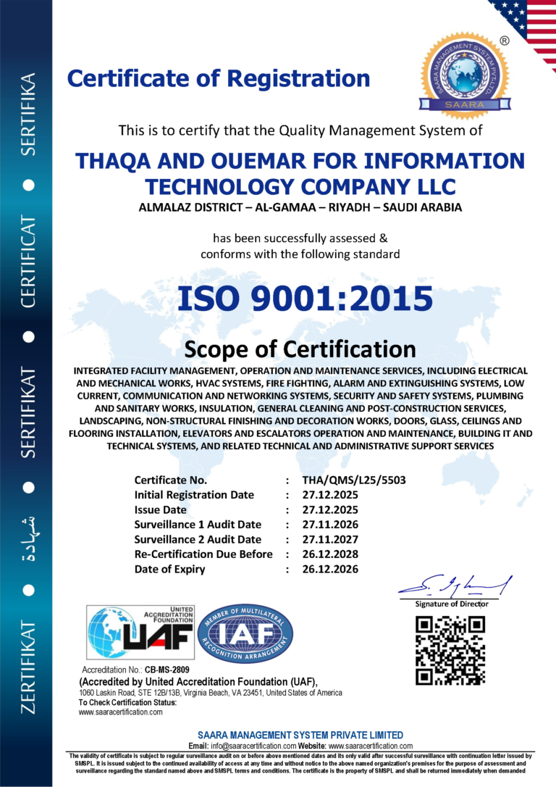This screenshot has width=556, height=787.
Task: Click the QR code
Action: [x=450, y=649]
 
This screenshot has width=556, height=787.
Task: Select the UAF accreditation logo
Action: [x=141, y=630]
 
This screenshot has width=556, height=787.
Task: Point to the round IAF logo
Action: [x=245, y=630]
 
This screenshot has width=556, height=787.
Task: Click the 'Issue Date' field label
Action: [x=161, y=509]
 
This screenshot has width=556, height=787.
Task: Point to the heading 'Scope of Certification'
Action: [x=300, y=349]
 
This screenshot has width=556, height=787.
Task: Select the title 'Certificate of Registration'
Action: [x=219, y=78]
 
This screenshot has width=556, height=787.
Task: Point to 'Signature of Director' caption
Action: [x=452, y=604]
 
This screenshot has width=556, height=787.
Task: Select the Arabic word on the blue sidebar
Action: [x=28, y=533]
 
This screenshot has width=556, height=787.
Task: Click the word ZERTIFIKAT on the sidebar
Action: [x=28, y=666]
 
